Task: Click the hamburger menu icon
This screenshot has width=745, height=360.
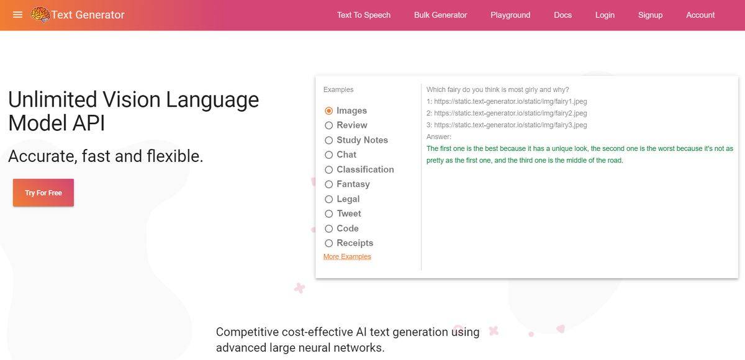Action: tap(17, 15)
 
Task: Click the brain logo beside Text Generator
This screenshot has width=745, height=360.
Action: tap(40, 15)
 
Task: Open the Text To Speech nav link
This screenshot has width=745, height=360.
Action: tap(364, 15)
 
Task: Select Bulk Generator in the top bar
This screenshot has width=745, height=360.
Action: tap(440, 15)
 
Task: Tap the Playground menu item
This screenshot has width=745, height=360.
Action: tap(510, 15)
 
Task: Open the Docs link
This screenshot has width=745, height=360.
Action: tap(562, 15)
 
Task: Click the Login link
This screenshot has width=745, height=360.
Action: tap(605, 15)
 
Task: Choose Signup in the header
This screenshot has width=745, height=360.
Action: tap(650, 15)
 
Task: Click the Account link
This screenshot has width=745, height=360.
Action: tap(700, 15)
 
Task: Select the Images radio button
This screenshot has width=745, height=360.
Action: tap(329, 111)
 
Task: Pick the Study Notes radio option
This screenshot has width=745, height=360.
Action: tap(329, 140)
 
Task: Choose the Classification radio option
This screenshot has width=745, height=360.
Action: tap(329, 169)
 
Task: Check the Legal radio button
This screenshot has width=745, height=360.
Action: tap(329, 199)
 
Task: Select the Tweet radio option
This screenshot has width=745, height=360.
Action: tap(329, 214)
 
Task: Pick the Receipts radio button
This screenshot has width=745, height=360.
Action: tap(329, 243)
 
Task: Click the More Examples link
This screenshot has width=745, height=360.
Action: tap(347, 256)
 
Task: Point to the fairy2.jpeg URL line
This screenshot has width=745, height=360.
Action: tap(507, 113)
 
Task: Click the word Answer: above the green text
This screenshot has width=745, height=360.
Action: tap(439, 137)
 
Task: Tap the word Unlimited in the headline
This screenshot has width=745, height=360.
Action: tap(53, 100)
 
